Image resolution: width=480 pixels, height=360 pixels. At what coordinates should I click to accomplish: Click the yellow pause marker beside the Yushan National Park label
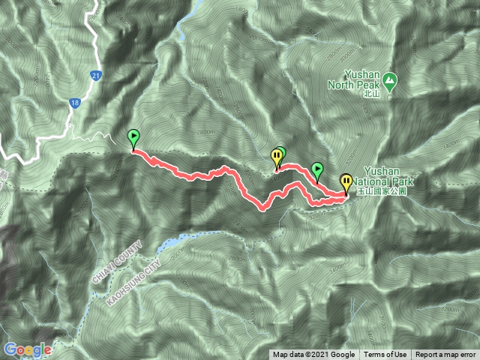click(x=346, y=181)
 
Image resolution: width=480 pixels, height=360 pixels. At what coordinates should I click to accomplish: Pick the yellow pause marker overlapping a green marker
click(x=276, y=157)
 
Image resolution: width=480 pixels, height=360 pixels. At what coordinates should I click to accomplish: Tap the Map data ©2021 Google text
click(x=313, y=355)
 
